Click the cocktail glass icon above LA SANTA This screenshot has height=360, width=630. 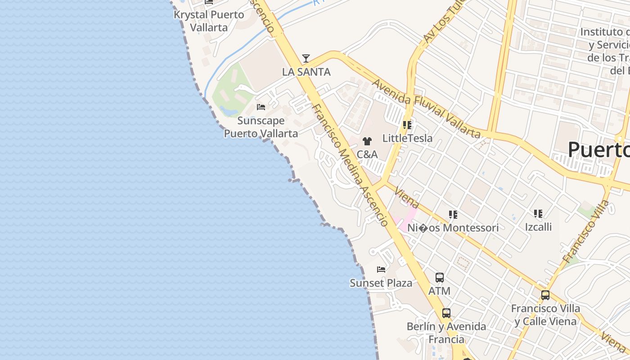pyautogui.click(x=306, y=58)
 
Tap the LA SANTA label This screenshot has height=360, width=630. pyautogui.click(x=306, y=72)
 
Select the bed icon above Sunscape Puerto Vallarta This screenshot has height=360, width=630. pyautogui.click(x=261, y=107)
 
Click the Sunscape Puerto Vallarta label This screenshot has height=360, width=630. pyautogui.click(x=261, y=127)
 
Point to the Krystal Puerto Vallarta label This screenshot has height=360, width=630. pyautogui.click(x=209, y=21)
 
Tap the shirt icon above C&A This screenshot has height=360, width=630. pyautogui.click(x=367, y=141)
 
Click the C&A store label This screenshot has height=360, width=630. pyautogui.click(x=367, y=154)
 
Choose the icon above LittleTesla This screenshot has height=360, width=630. pyautogui.click(x=407, y=125)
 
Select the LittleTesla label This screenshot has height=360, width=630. pyautogui.click(x=407, y=138)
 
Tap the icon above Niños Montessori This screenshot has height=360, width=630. pyautogui.click(x=453, y=215)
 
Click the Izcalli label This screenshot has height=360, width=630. pyautogui.click(x=538, y=227)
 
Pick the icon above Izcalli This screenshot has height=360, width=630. pyautogui.click(x=538, y=214)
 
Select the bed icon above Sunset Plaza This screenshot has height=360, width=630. pyautogui.click(x=381, y=270)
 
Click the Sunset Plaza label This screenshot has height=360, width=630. pyautogui.click(x=381, y=283)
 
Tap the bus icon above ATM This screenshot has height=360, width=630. pyautogui.click(x=440, y=278)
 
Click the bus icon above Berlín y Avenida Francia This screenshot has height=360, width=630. pyautogui.click(x=446, y=313)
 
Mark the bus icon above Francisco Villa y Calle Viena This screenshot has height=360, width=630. pyautogui.click(x=545, y=295)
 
